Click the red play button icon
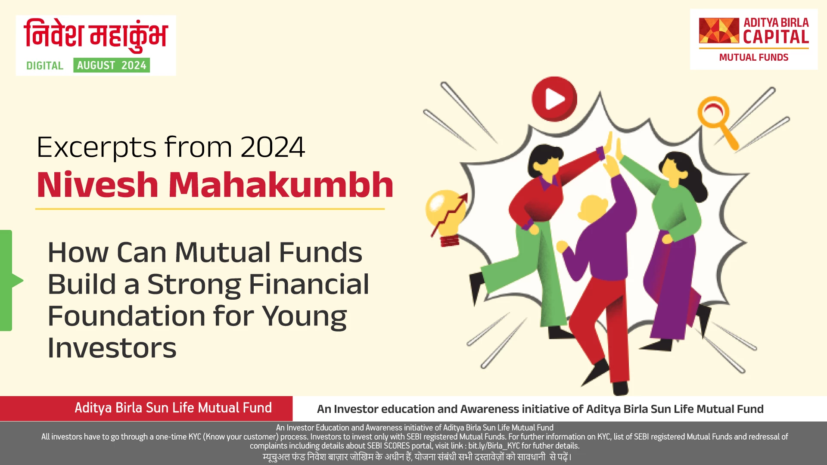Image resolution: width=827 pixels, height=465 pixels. (554, 99)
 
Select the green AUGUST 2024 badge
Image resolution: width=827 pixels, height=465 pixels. (112, 65)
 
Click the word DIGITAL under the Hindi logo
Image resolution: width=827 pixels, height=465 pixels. (45, 66)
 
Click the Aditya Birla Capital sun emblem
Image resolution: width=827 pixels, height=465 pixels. (718, 31)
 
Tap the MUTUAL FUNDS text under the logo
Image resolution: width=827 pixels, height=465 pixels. (753, 58)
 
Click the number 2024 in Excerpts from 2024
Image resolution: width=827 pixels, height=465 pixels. (273, 147)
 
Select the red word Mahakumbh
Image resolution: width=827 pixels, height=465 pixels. (280, 185)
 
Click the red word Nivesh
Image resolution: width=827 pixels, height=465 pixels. (98, 185)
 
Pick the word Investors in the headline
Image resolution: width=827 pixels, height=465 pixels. (112, 348)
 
